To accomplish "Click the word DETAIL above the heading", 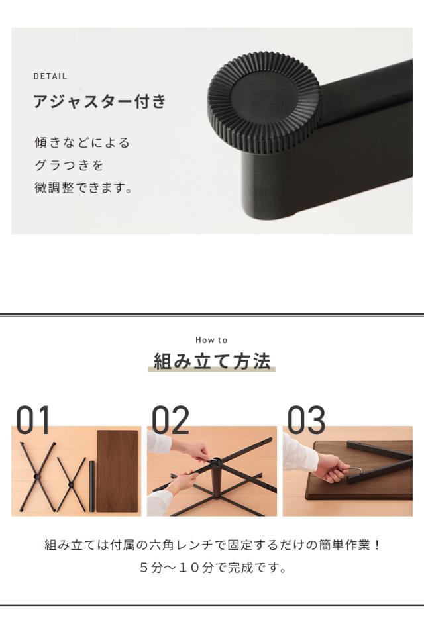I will [x=50, y=76].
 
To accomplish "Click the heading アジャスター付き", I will [x=99, y=103].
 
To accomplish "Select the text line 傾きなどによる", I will [x=82, y=142].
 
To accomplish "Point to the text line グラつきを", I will [x=70, y=165].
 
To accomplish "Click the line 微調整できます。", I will [x=83, y=188].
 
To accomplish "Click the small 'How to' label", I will [x=211, y=340].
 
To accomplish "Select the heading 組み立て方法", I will [x=212, y=362].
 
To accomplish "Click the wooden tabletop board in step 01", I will [x=117, y=470].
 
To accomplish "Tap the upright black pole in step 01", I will [x=91, y=486].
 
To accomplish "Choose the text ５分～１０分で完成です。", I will [x=212, y=568].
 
